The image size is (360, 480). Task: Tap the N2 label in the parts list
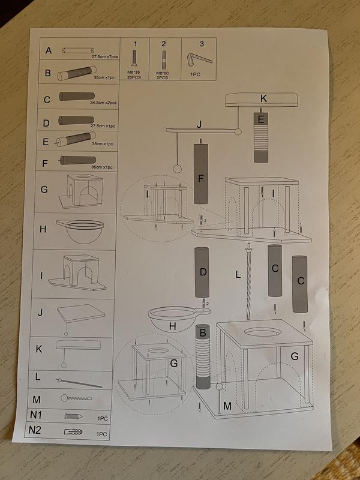(37, 430)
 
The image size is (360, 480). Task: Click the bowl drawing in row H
(80, 230)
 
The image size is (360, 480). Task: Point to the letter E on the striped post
(260, 119)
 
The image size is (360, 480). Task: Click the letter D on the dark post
(203, 272)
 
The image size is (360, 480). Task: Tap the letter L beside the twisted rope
(238, 275)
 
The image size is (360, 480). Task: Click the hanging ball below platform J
(177, 169)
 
